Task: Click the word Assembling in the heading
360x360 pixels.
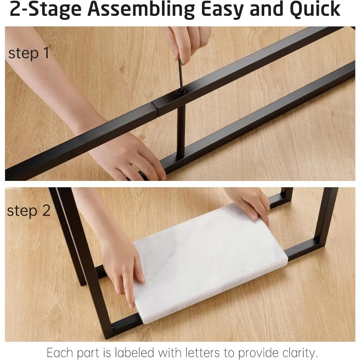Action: coord(141,9)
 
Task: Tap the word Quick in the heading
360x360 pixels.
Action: coord(315,9)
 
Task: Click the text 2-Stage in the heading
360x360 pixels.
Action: coord(45,9)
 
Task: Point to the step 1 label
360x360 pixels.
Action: coord(29,53)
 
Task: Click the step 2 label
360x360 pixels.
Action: coord(29,211)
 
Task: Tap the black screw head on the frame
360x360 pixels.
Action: coord(182,91)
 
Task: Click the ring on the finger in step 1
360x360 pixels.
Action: coord(135,167)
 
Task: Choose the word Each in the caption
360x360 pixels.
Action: coord(60,352)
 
